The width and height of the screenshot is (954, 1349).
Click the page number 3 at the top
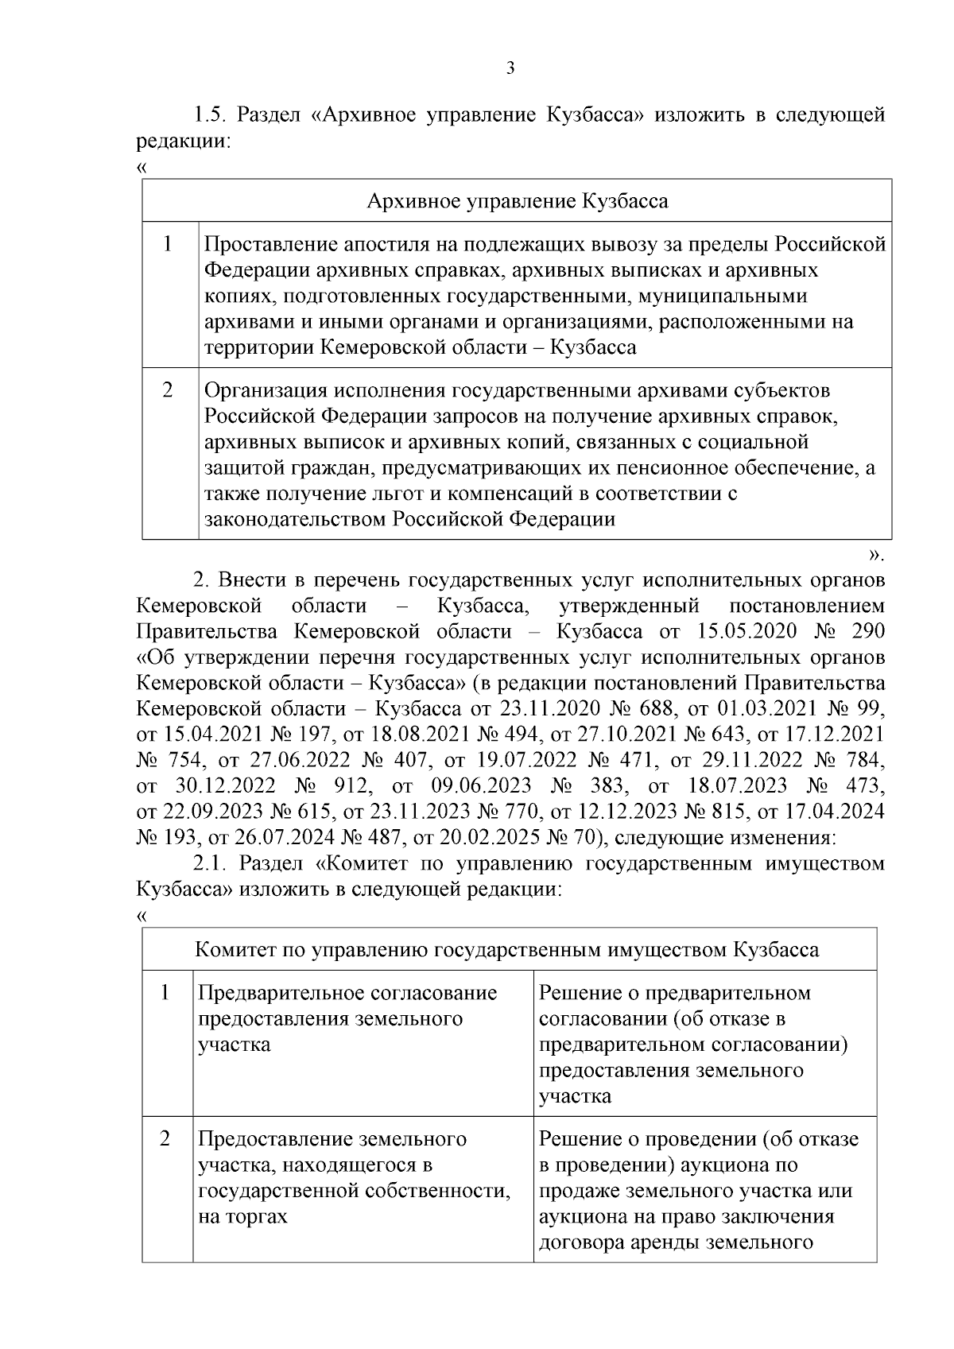pyautogui.click(x=510, y=69)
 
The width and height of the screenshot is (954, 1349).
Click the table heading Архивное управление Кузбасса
pyautogui.click(x=517, y=201)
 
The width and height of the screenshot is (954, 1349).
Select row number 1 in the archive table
pyautogui.click(x=169, y=244)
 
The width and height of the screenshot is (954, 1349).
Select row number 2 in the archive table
pyautogui.click(x=169, y=391)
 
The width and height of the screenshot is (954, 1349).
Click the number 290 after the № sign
pyautogui.click(x=867, y=632)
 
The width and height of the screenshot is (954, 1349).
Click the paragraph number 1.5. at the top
pyautogui.click(x=211, y=115)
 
